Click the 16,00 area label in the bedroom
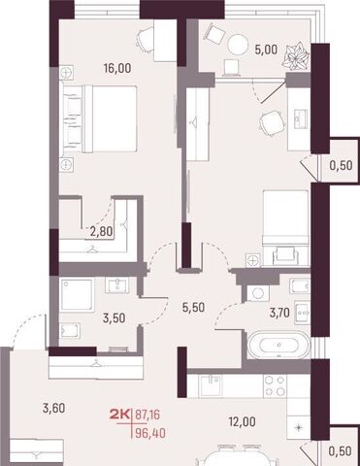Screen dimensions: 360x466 pos(117,68)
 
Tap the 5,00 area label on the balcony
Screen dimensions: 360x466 pos(266,50)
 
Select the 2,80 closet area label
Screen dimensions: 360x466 pos(101,231)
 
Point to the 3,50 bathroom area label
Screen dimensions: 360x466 pos(114,317)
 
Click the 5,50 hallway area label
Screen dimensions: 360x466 pos(193,308)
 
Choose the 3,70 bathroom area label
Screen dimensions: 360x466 pos(279,313)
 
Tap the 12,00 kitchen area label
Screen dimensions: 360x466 pos(243,421)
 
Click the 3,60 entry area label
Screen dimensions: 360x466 pos(54,408)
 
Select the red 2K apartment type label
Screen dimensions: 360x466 pos(119,415)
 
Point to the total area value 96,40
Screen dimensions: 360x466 pos(150,433)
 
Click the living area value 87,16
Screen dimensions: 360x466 pos(147,415)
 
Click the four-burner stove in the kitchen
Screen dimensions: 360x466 pos(276,385)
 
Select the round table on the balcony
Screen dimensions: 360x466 pos(237,45)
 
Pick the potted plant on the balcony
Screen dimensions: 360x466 pos(295,55)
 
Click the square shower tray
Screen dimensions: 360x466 pos(77,295)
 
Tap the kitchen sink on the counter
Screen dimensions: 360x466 pos(211,385)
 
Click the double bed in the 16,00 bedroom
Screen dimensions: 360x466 pos(99,118)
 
